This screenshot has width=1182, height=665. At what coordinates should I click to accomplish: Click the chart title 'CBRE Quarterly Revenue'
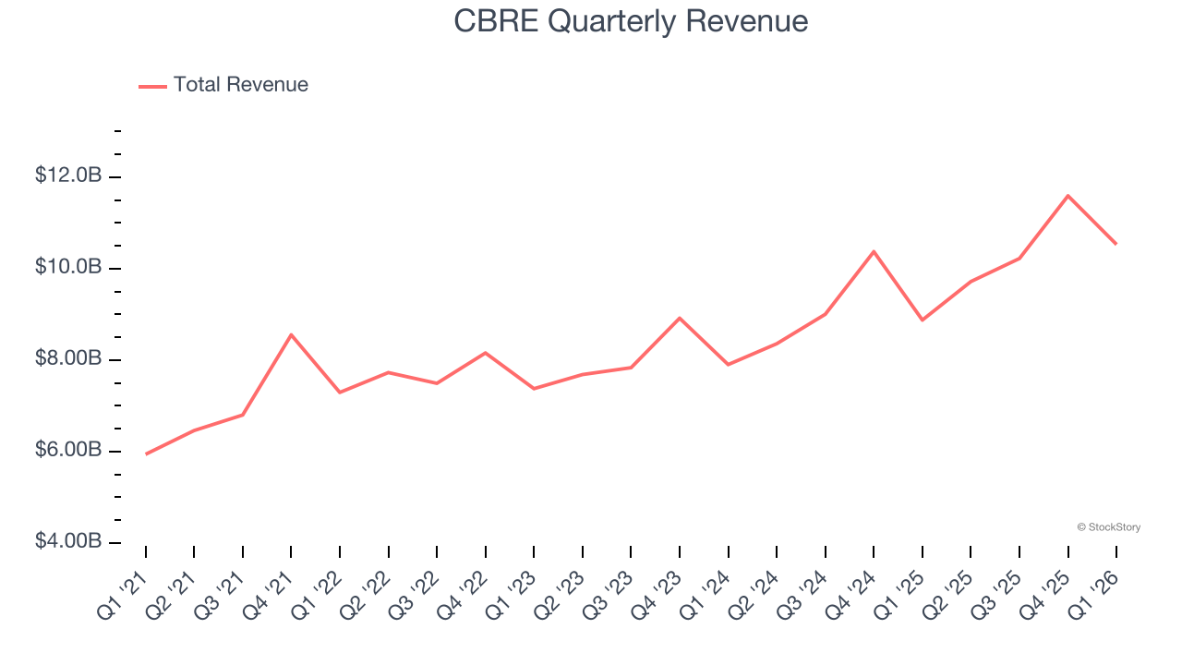[631, 21]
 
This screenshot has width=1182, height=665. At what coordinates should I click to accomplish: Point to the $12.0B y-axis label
[68, 175]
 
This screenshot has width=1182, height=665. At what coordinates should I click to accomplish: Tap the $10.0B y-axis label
[68, 267]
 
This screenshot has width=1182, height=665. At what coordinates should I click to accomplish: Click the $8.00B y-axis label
[68, 358]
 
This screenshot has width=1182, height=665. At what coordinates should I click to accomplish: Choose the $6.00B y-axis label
[68, 450]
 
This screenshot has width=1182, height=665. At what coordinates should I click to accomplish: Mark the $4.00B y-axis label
[68, 541]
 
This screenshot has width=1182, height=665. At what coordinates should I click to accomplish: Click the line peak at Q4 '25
[1067, 196]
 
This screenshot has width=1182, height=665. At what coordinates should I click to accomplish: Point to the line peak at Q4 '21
[291, 334]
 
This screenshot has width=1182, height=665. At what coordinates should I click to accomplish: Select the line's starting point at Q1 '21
[146, 454]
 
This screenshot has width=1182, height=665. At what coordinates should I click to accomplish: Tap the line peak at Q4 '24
[874, 251]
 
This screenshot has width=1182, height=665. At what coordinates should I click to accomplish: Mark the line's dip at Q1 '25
[922, 320]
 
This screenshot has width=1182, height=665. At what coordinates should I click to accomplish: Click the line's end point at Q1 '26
[1116, 244]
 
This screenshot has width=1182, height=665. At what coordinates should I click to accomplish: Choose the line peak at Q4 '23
[680, 318]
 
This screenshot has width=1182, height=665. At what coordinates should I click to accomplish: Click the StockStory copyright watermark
[1108, 527]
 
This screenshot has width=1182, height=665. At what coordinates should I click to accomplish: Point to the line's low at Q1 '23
[534, 389]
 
